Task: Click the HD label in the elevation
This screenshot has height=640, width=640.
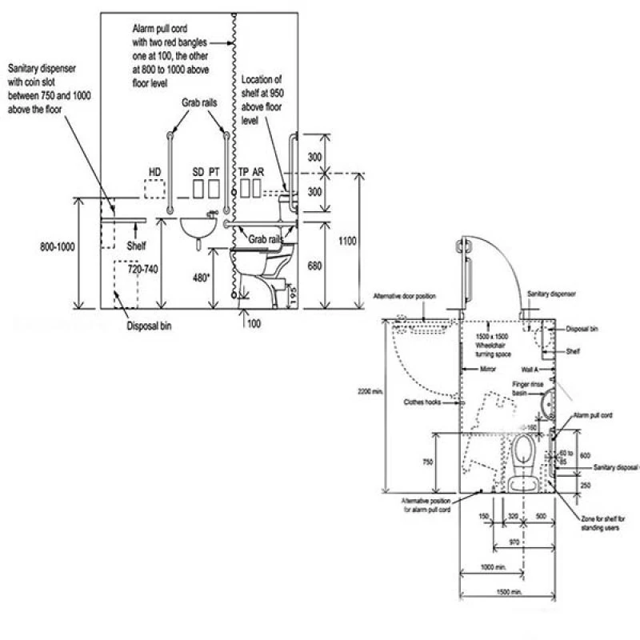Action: pos(155,172)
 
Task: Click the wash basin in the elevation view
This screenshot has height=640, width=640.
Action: pos(195,228)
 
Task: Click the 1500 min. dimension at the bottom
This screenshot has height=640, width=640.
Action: pos(509,592)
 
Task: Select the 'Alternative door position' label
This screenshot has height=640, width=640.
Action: pos(405,297)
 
